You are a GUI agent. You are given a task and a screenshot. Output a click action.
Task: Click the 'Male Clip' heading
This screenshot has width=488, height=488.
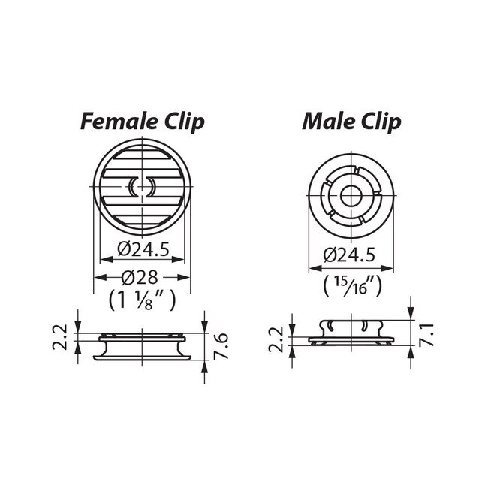(351, 121)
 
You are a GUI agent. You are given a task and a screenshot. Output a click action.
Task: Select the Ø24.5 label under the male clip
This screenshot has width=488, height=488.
(349, 255)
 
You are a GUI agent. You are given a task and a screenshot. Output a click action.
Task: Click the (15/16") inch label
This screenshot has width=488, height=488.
(349, 285)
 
